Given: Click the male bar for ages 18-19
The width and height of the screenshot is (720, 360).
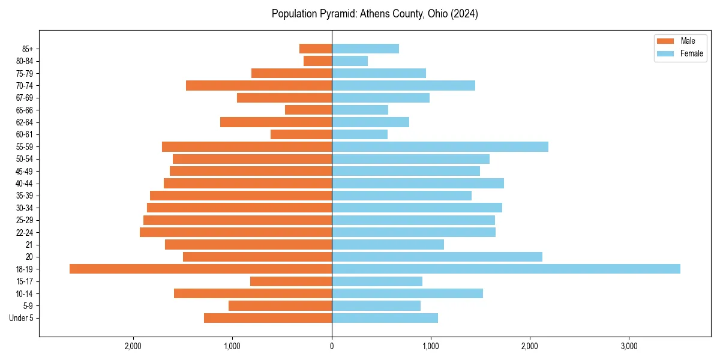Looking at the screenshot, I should pos(200,269).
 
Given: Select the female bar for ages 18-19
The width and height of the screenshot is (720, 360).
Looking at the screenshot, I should pos(506,269).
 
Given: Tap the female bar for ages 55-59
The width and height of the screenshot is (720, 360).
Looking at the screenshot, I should pos(440,146).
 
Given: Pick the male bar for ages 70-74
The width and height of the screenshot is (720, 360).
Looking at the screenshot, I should pos(259,85).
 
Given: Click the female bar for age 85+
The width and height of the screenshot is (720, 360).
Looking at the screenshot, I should pos(365,49).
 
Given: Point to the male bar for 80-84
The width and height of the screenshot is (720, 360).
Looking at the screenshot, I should pos(317,61).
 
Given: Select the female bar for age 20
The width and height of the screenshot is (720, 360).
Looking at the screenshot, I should pos(437,257).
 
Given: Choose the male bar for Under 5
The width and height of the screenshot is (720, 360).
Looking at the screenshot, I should pos(268,318).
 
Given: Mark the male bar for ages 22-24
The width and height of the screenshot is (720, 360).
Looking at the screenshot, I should pos(236,232).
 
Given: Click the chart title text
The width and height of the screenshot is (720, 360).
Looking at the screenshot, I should pos(374,14).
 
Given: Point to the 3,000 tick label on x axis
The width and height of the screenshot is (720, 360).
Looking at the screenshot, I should pos(629,346).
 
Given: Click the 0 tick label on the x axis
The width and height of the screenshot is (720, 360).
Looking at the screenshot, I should pos(332,346).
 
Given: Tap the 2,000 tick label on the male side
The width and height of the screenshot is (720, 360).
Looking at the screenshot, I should pos(133,346).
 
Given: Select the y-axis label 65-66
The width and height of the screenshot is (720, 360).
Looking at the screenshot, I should pos(25,110).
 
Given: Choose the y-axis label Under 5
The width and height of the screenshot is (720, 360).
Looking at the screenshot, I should pos(21,318).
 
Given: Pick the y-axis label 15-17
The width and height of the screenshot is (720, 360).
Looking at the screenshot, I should pos(25,281).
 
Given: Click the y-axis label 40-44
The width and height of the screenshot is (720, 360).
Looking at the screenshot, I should pos(25,184).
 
